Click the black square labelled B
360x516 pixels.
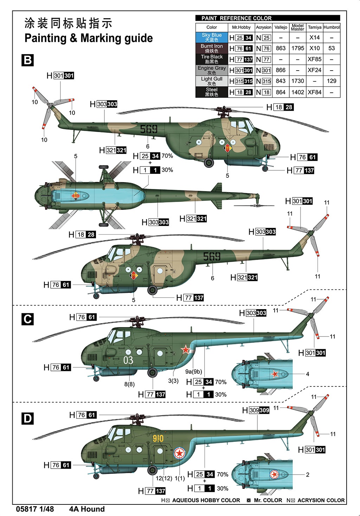(x=28, y=60)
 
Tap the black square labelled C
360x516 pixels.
(x=28, y=319)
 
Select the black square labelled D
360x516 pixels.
(x=28, y=418)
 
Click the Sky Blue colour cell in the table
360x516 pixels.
(x=212, y=38)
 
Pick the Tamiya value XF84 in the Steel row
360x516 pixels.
(x=315, y=92)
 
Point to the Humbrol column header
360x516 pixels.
(x=332, y=27)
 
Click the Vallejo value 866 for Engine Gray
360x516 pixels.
(x=281, y=70)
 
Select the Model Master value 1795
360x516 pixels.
(x=298, y=48)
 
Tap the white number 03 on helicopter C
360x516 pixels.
(x=128, y=360)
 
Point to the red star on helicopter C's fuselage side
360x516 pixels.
(x=185, y=350)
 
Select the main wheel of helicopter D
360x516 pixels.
(x=152, y=470)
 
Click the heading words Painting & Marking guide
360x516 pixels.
(x=89, y=38)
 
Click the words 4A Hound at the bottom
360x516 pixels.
(x=87, y=509)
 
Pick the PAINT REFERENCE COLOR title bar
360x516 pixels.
(x=268, y=18)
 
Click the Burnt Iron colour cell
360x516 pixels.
(x=212, y=48)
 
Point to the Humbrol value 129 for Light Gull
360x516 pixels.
(x=332, y=81)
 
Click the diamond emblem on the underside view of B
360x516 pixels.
(x=76, y=196)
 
